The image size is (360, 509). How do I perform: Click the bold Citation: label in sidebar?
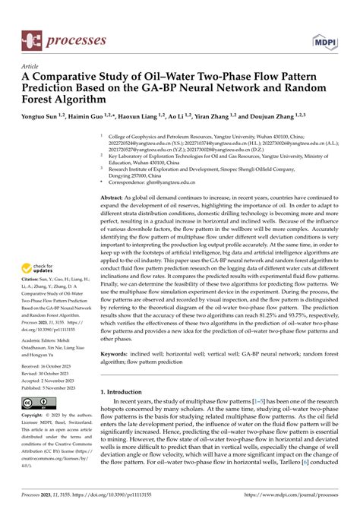(x=33, y=281)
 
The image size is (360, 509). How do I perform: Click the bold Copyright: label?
(x=35, y=416)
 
